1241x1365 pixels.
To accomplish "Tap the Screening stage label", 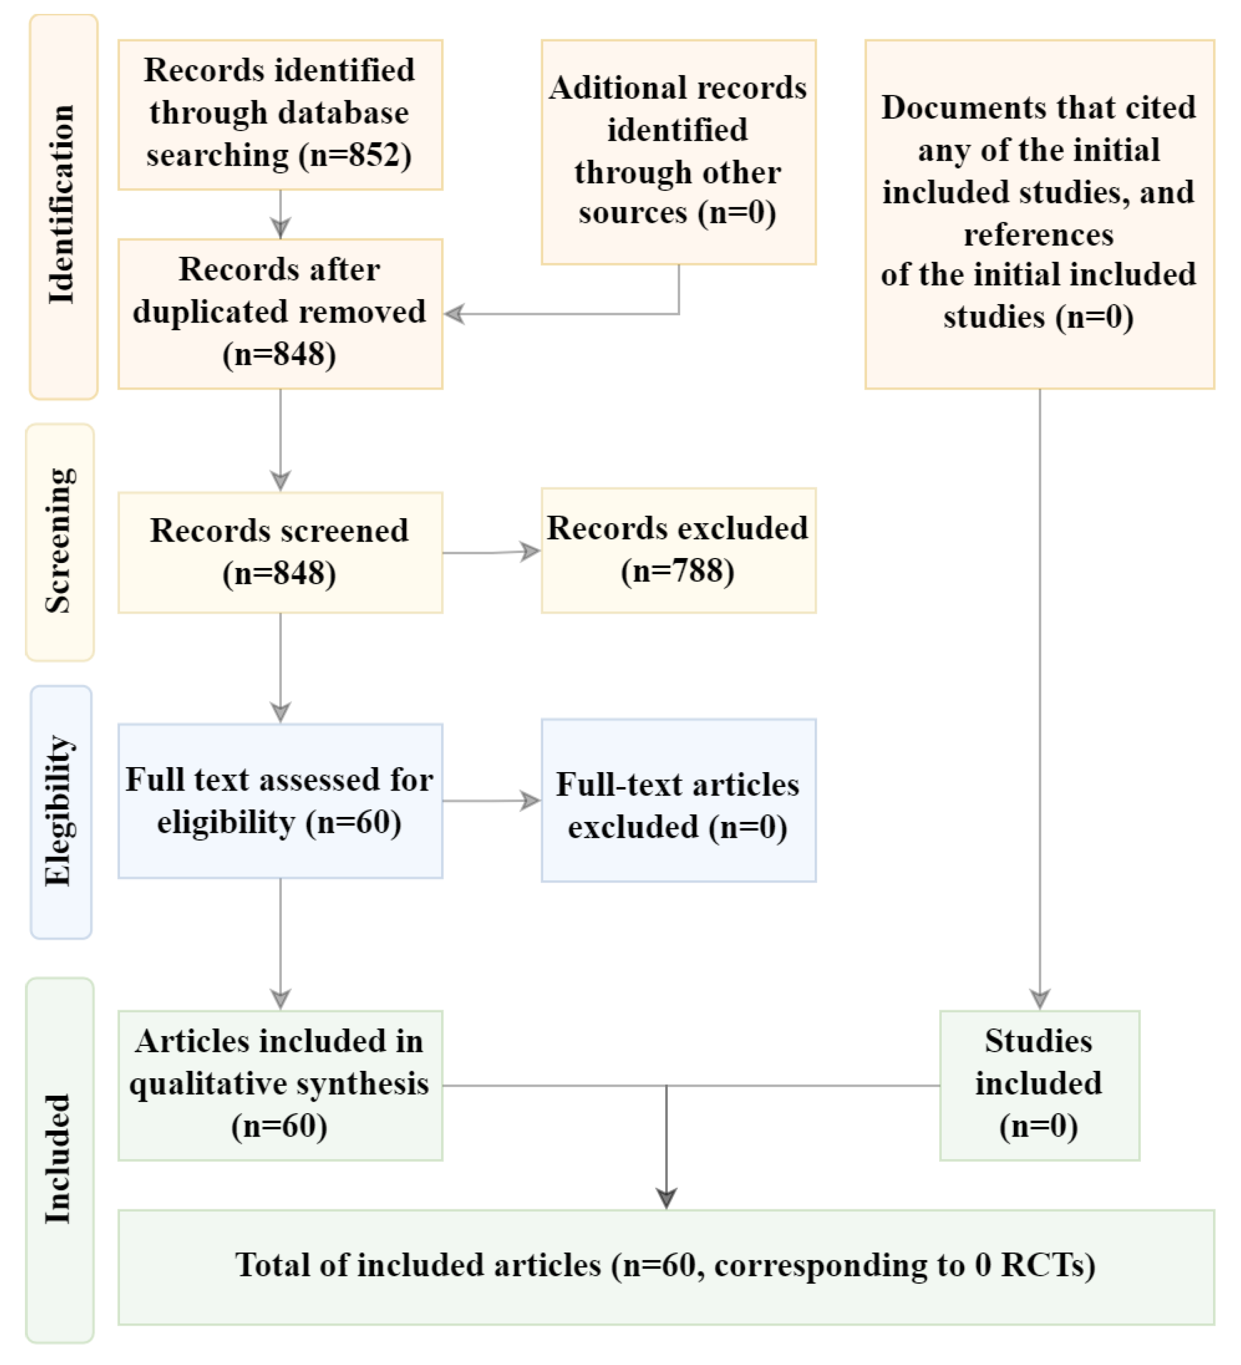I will [60, 541].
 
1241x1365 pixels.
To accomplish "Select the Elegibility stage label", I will [60, 810].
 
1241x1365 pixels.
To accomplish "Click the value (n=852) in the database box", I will [355, 155].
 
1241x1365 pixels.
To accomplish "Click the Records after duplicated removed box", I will [280, 313].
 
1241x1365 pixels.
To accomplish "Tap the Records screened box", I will [280, 552].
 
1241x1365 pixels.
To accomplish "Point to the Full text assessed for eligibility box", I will [280, 800].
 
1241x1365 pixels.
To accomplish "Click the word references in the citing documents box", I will [1038, 235].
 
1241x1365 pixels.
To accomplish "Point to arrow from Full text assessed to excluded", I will [491, 800].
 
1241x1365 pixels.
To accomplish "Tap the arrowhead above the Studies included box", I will [1039, 998].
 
